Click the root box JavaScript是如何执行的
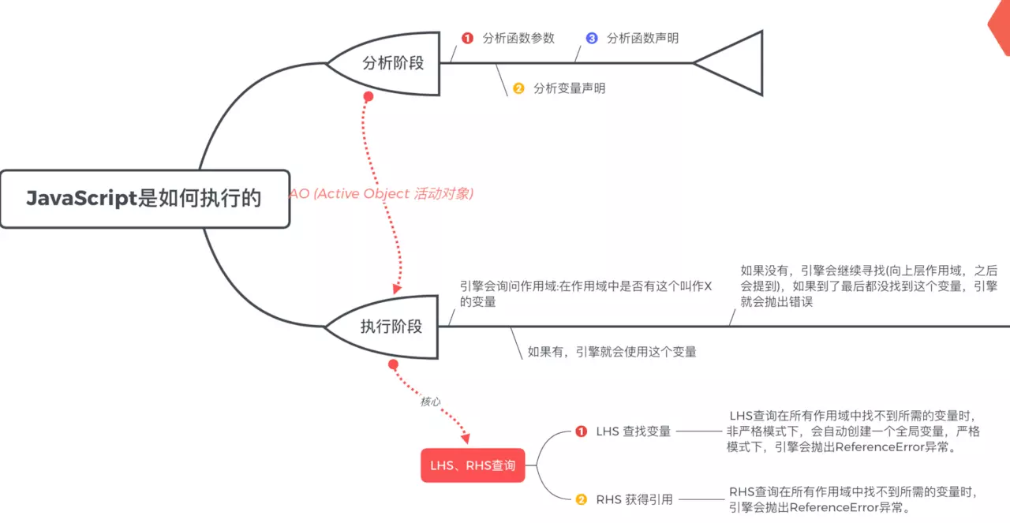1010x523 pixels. [144, 199]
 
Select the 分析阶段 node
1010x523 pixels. [392, 64]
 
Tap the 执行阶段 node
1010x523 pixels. [391, 327]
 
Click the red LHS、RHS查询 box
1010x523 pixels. [473, 465]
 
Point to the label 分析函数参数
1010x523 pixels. [518, 38]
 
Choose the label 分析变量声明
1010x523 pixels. [569, 88]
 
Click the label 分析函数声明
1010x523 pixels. [642, 38]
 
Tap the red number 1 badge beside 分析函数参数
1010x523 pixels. [467, 38]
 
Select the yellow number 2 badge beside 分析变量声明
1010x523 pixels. [518, 88]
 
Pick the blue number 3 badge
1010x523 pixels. [592, 38]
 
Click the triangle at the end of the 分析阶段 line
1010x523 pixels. [734, 63]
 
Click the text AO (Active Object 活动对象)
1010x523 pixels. [381, 194]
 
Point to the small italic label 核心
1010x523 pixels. [430, 402]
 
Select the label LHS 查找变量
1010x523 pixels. [633, 431]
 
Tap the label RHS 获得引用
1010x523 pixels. [634, 499]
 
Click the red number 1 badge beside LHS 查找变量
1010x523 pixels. [582, 431]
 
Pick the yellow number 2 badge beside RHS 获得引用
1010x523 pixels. [582, 499]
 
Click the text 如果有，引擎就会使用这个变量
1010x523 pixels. [612, 352]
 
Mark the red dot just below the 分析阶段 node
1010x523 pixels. [368, 96]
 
